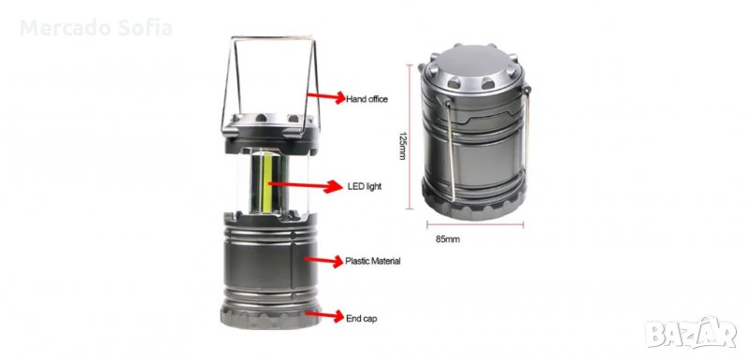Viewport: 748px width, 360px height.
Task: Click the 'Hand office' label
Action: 367,100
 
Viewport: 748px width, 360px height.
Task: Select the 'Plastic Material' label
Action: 372,261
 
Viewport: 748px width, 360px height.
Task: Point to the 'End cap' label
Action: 361,318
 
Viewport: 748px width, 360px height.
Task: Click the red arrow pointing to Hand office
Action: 325,97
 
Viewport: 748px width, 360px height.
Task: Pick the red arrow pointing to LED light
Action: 305,185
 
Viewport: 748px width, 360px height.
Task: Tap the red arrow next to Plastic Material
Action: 324,261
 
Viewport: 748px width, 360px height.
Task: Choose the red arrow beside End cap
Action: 324,315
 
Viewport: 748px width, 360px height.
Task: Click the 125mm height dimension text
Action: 402,146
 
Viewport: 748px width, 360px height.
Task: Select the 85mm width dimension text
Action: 448,239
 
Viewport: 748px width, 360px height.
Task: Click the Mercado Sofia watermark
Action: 96,28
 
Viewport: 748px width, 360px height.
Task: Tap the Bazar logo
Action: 691,332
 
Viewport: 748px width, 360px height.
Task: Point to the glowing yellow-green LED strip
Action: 267,183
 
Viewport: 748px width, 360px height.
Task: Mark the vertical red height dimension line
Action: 410,137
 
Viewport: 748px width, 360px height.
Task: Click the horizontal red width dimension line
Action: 475,224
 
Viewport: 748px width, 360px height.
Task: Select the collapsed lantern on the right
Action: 475,131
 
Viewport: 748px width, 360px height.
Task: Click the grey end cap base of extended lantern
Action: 269,317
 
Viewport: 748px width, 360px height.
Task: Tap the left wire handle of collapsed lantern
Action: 450,150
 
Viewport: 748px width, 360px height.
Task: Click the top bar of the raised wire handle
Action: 272,37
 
